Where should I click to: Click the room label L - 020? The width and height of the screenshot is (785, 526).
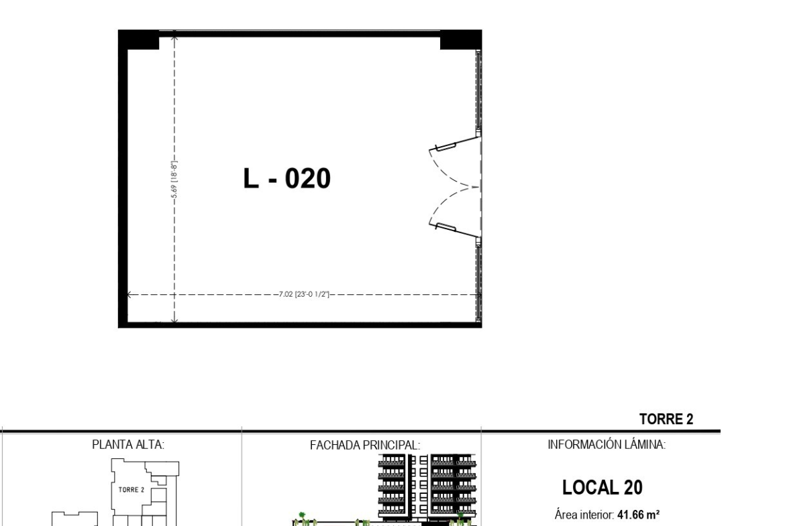[x=287, y=178]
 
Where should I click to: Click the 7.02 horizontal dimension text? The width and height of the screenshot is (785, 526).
[x=305, y=295]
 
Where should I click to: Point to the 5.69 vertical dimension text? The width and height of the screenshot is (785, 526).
[x=174, y=179]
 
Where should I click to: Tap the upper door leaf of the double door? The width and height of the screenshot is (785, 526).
[x=455, y=142]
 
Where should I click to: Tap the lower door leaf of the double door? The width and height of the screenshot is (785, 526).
[x=455, y=230]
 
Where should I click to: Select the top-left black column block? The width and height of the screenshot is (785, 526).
[x=139, y=40]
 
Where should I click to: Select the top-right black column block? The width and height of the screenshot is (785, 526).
[x=460, y=40]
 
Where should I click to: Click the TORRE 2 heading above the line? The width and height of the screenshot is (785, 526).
[x=666, y=419]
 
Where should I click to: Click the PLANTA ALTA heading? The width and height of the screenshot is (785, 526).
[x=128, y=444]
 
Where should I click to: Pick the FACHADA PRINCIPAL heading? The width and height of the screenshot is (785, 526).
[x=365, y=445]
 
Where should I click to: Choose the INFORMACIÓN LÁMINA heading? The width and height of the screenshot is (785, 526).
[x=607, y=444]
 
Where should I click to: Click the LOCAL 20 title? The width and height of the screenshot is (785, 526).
[x=603, y=488]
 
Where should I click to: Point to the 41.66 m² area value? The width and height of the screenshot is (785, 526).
[x=638, y=515]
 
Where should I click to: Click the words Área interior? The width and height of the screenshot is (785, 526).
[x=584, y=515]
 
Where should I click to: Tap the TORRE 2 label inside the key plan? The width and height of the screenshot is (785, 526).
[x=131, y=490]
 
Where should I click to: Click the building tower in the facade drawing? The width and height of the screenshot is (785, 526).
[x=427, y=486]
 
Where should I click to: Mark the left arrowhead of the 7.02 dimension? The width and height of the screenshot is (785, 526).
[x=129, y=295]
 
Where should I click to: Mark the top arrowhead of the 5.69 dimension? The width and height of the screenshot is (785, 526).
[x=174, y=36]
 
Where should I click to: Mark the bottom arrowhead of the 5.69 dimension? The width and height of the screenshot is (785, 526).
[x=174, y=320]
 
